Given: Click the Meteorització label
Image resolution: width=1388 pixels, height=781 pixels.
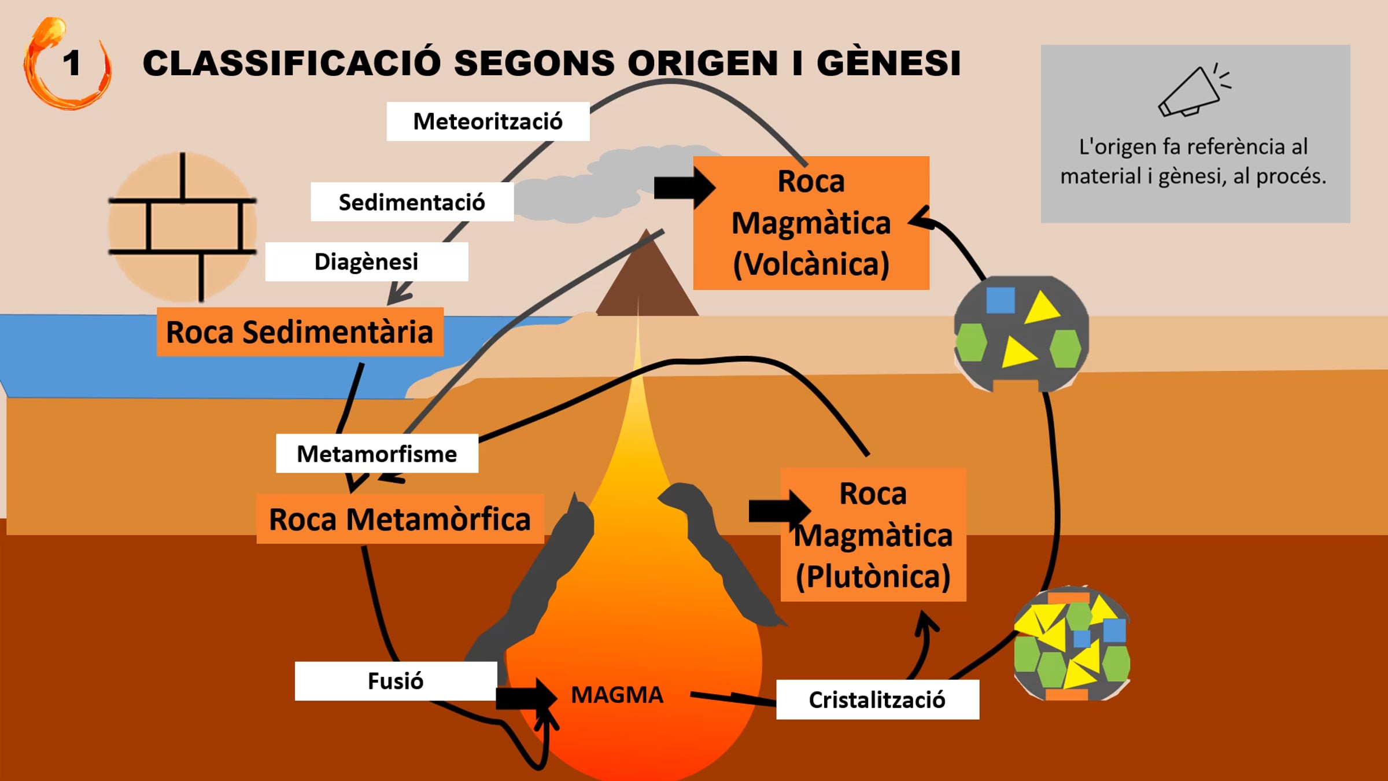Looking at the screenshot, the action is [488, 121].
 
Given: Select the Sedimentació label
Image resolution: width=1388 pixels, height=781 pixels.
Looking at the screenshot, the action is [412, 202].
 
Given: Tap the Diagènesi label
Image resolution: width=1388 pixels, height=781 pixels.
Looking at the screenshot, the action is [367, 261].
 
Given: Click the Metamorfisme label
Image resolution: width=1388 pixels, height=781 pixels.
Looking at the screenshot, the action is [377, 454].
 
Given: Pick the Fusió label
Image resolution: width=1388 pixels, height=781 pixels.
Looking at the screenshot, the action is [396, 681].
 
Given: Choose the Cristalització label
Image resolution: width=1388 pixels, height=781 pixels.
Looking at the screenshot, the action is [877, 699].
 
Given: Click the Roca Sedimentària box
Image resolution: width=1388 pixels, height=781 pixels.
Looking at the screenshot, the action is [300, 331].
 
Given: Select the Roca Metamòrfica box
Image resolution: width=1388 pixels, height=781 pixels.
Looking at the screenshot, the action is [400, 519].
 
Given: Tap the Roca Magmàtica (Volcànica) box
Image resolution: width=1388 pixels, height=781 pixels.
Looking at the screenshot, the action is [811, 223].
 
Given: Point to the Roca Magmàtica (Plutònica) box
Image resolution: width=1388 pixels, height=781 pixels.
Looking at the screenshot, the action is [873, 535].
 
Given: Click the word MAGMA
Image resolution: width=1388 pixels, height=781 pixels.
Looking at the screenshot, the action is [617, 695].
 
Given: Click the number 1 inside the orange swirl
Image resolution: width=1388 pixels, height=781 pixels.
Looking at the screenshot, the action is [72, 63].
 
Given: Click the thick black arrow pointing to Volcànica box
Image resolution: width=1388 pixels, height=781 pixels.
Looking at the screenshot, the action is [685, 187].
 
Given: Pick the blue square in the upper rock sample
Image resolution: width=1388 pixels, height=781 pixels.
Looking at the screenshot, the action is [1001, 300].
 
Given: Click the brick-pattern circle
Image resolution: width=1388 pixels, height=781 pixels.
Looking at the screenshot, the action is [183, 227].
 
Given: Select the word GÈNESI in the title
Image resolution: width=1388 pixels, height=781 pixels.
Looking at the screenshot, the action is [889, 62].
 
